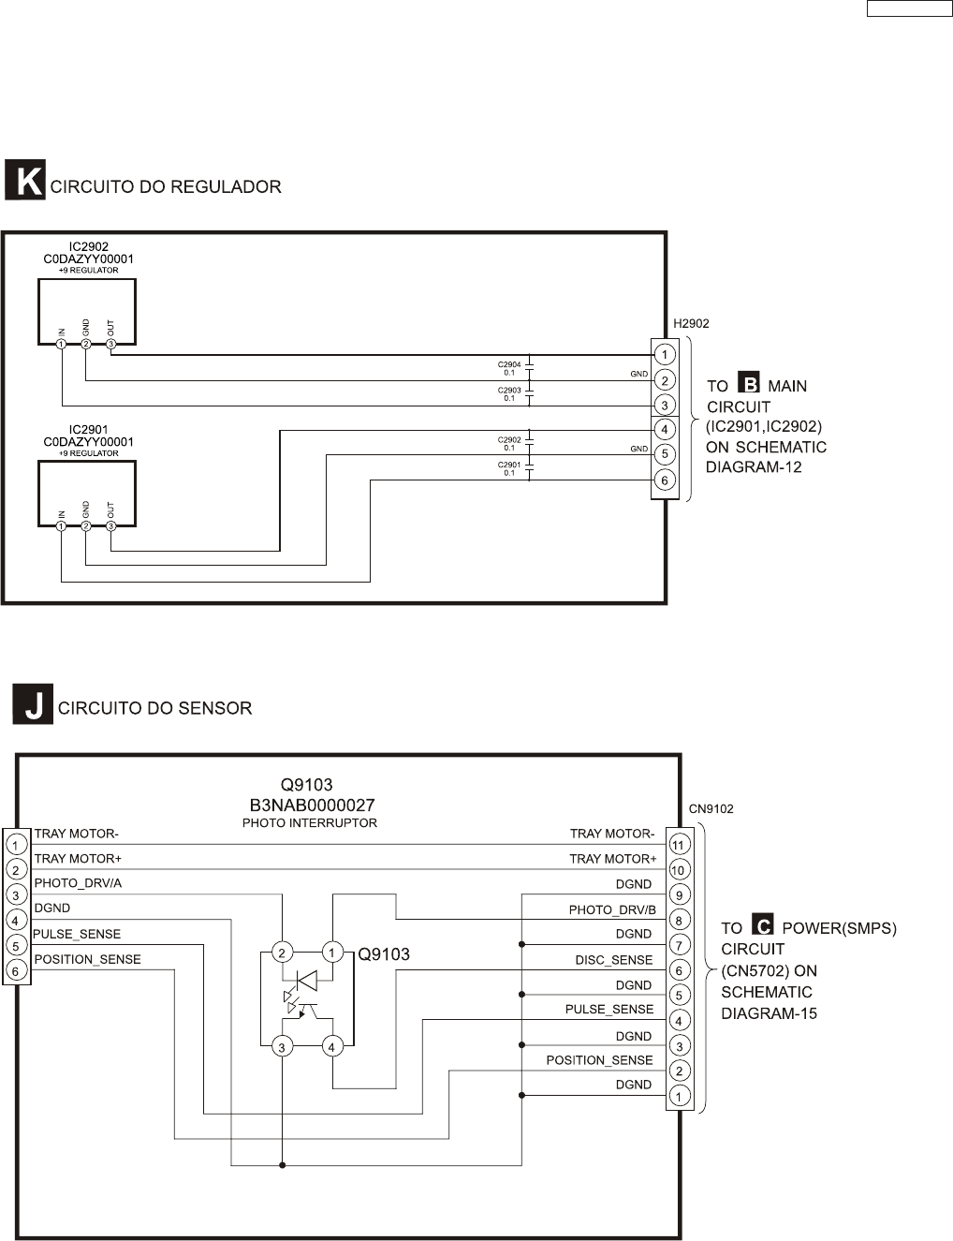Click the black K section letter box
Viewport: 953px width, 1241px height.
click(x=25, y=180)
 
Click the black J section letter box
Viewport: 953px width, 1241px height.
click(x=32, y=703)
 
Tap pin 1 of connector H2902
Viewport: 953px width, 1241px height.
click(x=664, y=355)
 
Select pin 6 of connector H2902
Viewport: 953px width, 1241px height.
click(x=664, y=480)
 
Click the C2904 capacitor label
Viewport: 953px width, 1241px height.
click(x=509, y=364)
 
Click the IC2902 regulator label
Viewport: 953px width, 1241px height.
click(x=89, y=247)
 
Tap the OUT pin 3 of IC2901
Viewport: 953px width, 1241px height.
click(x=110, y=526)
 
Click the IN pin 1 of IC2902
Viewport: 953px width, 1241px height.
click(x=61, y=345)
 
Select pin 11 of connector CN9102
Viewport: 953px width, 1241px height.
click(x=679, y=845)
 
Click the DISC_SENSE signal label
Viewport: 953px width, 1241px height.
click(x=613, y=960)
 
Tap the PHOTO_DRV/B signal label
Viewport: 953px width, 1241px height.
click(x=612, y=909)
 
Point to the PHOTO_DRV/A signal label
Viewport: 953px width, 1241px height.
click(x=78, y=883)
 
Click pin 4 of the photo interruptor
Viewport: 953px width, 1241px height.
click(x=331, y=1047)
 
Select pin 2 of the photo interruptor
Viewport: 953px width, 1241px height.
click(x=281, y=953)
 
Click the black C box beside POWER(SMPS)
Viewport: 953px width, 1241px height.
click(x=764, y=926)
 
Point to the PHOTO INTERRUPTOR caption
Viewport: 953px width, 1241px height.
click(x=309, y=823)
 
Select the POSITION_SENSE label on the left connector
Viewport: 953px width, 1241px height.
click(x=87, y=959)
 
